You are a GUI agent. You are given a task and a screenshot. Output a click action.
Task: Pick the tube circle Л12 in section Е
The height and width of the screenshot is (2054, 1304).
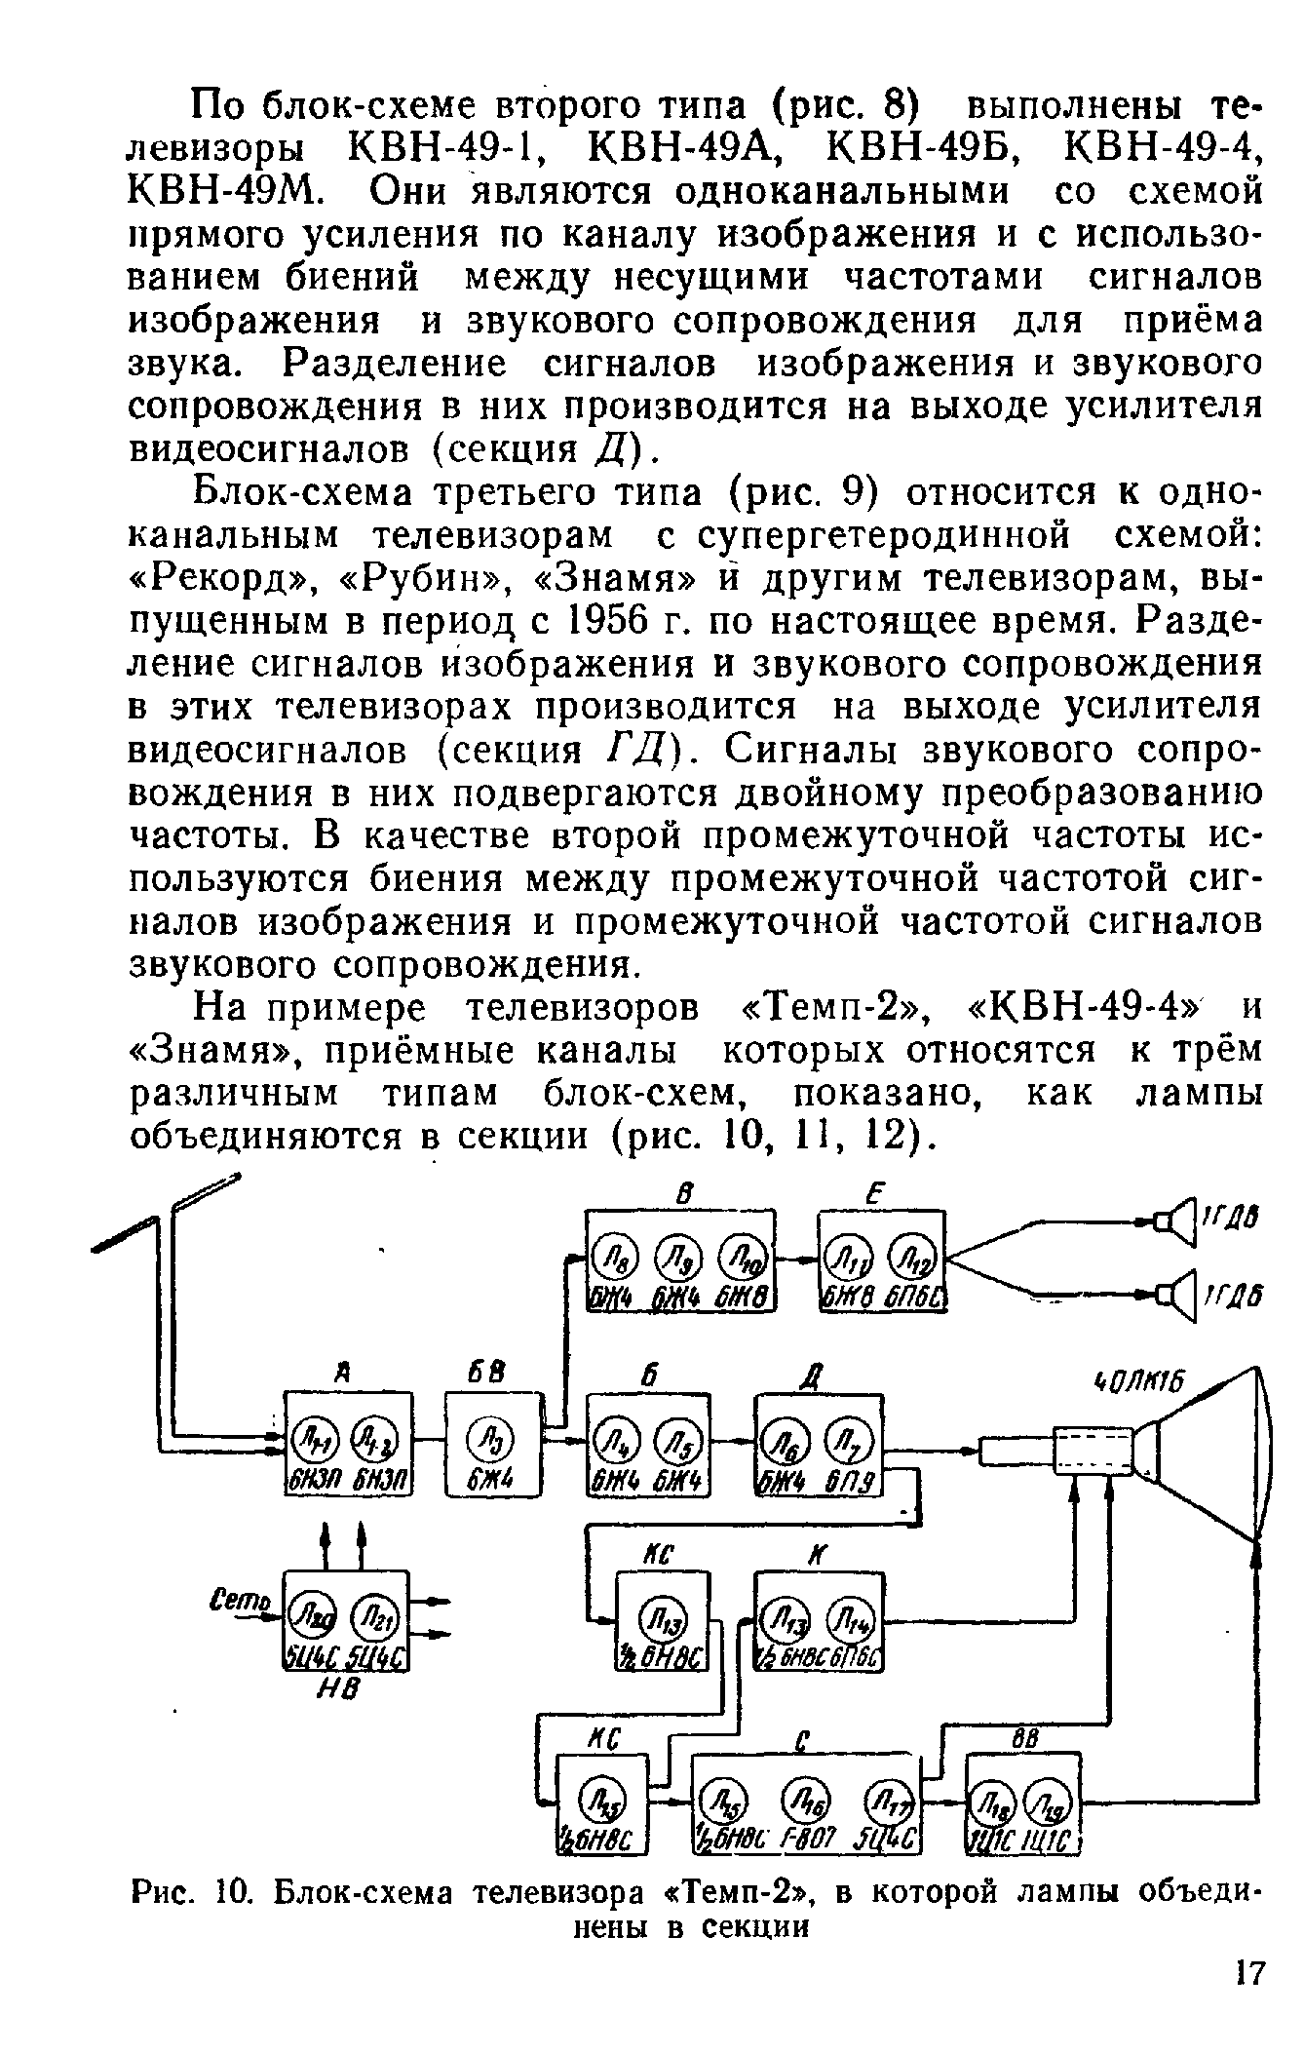(x=917, y=1261)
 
